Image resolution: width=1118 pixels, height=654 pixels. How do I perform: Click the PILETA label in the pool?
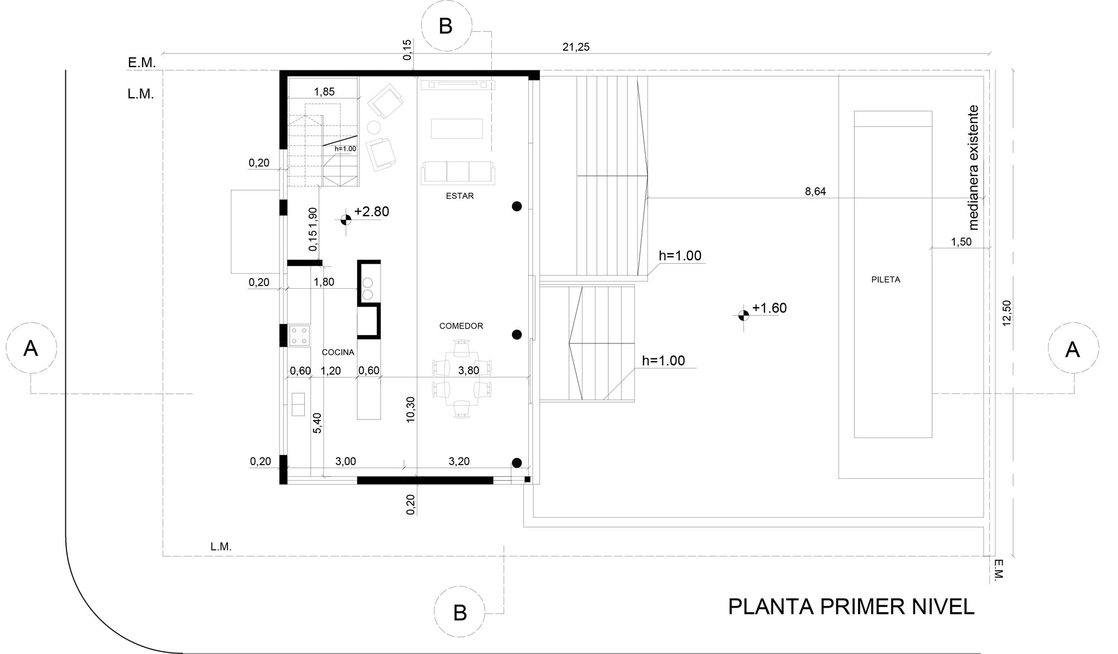885,280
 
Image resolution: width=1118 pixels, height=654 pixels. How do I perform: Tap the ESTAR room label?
459,196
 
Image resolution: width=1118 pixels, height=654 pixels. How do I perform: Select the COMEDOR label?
461,326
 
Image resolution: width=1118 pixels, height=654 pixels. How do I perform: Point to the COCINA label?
338,352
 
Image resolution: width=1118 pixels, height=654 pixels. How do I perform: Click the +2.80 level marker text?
372,212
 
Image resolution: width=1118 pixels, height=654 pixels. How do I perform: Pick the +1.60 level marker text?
769,308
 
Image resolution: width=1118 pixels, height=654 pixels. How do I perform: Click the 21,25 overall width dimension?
576,47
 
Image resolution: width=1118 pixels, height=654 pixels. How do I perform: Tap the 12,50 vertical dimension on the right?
1007,313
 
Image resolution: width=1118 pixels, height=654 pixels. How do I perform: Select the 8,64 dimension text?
815,192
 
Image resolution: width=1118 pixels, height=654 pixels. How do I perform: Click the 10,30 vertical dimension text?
411,409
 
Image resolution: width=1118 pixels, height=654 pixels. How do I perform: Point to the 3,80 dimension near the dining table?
468,370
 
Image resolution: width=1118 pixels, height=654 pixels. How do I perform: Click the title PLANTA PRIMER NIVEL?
851,607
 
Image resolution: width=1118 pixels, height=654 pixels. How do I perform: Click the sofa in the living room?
458,173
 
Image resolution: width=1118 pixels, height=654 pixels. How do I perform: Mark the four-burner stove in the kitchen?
299,336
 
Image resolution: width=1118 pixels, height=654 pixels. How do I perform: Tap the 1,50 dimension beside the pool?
961,242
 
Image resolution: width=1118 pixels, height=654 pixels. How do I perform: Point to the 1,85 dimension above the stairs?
324,92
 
